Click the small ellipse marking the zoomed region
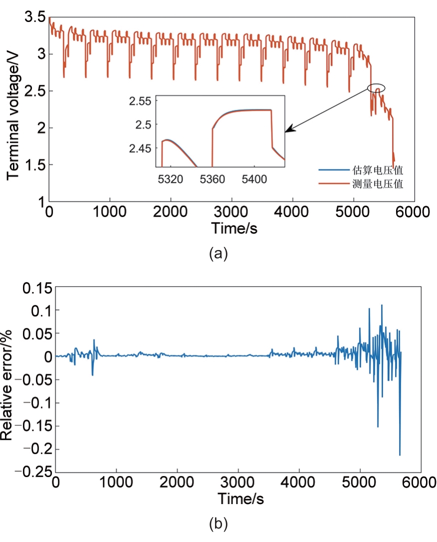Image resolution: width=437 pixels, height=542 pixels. [x=377, y=88]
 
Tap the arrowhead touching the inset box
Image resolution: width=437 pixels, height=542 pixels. [x=288, y=131]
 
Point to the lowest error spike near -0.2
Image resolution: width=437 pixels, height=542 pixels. [x=400, y=454]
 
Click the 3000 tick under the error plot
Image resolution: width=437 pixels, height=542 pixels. [x=238, y=484]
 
